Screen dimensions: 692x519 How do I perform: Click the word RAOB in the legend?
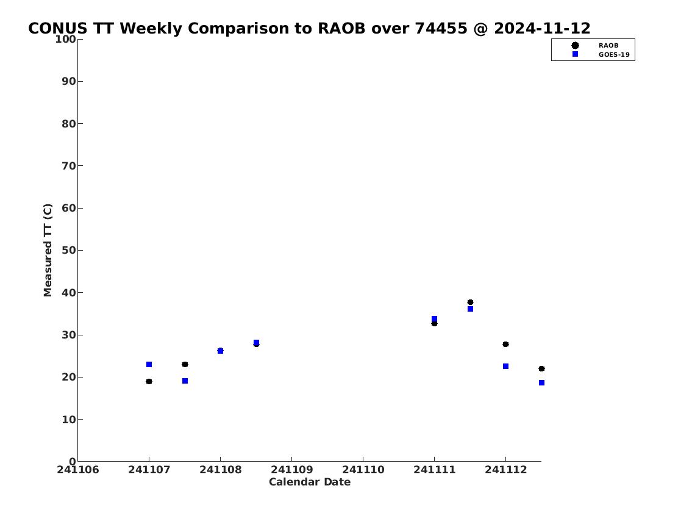[x=608, y=46]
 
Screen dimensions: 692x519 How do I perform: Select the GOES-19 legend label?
[x=614, y=55]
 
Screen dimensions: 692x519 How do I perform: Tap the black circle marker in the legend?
[x=575, y=46]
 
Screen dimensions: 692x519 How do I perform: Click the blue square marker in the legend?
[x=575, y=54]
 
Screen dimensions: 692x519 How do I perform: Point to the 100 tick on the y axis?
[x=65, y=39]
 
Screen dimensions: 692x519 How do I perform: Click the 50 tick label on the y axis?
[x=69, y=250]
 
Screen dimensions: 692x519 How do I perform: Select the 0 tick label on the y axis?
[x=73, y=462]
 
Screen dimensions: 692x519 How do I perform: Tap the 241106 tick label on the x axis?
[x=78, y=470]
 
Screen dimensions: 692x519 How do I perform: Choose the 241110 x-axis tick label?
[x=363, y=470]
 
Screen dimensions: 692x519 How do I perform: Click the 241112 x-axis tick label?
[x=506, y=470]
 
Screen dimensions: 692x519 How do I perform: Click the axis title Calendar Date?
[x=310, y=482]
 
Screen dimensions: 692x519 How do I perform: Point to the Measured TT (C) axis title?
[x=48, y=250]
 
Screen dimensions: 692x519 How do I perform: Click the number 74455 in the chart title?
[x=441, y=29]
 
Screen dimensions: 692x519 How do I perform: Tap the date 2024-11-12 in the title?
[x=542, y=29]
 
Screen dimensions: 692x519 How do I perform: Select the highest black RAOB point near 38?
[x=471, y=302]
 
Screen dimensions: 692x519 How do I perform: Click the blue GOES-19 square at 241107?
[x=149, y=365]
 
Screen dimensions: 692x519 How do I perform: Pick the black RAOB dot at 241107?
[x=149, y=381]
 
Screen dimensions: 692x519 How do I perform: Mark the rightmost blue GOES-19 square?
[x=541, y=382]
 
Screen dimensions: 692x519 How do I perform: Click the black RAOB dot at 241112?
[x=506, y=344]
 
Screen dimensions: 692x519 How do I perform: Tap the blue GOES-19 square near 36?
[x=471, y=309]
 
